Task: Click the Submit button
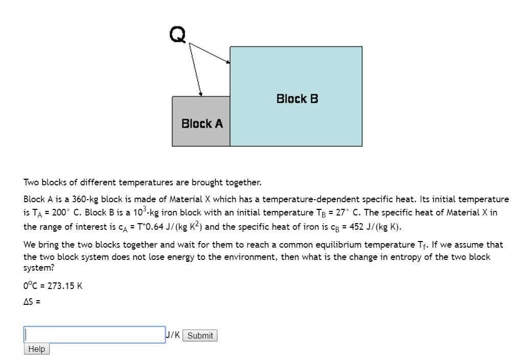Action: (x=200, y=335)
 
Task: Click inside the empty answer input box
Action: (x=95, y=335)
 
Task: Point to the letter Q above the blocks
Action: (x=178, y=34)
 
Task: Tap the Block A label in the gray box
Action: (x=202, y=124)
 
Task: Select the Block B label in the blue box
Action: (x=297, y=99)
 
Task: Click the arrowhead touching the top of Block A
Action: (x=201, y=94)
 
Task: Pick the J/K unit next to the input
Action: (x=173, y=335)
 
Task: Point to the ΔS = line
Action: (x=32, y=301)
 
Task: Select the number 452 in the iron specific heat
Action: (x=356, y=226)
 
